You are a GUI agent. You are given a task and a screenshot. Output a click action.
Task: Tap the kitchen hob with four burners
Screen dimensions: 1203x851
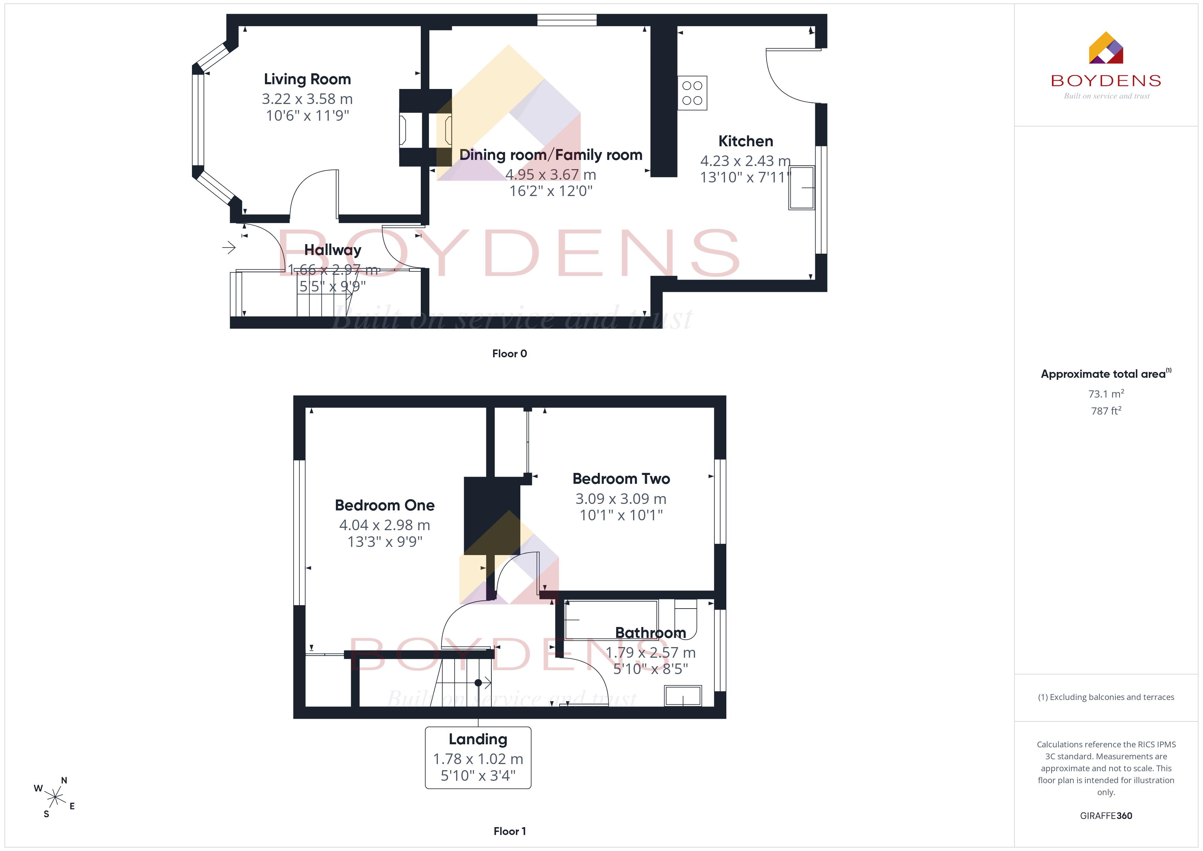(692, 93)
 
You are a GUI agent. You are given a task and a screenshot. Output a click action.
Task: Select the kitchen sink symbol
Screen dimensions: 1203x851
(802, 188)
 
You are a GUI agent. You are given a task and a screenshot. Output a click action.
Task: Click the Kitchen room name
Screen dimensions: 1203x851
(746, 141)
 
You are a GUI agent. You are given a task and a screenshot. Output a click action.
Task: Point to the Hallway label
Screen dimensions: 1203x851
(333, 250)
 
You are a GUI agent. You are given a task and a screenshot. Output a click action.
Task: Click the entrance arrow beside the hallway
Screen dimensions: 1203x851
(229, 247)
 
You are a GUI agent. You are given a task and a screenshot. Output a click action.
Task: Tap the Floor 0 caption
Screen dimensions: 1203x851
(509, 354)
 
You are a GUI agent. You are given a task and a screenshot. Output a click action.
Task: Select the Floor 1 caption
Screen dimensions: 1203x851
(509, 831)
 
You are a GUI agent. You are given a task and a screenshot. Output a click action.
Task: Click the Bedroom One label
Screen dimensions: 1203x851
(385, 505)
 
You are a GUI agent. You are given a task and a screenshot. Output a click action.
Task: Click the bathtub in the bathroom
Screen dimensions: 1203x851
(611, 620)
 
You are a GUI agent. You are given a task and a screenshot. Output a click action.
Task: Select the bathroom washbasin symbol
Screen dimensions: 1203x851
(683, 696)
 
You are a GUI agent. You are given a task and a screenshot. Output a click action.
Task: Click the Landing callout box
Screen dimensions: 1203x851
(478, 758)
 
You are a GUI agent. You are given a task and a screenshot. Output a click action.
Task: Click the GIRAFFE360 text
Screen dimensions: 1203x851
(1106, 816)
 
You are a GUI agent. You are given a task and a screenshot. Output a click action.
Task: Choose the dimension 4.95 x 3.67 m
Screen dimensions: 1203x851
(551, 175)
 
